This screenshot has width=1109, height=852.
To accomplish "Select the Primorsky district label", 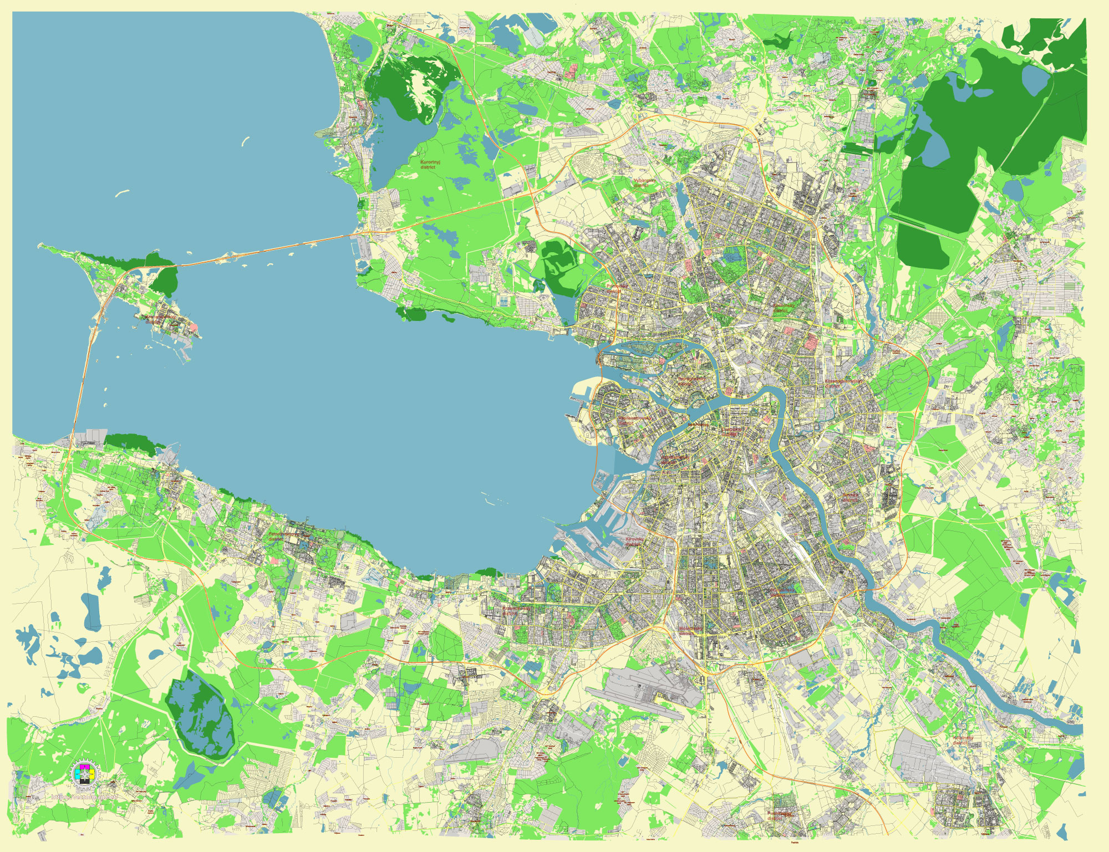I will click(x=617, y=288).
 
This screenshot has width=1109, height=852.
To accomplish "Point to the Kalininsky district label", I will click(x=784, y=308).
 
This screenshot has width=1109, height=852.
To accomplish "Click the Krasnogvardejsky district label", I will click(x=843, y=383).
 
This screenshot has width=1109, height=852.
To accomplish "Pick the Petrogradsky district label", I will click(x=691, y=381).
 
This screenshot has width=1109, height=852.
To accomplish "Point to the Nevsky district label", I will click(x=851, y=497).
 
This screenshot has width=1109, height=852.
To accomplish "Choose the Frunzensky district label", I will click(x=783, y=591).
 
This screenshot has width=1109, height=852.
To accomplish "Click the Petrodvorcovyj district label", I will click(x=281, y=536).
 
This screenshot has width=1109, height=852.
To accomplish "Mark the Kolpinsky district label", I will click(x=963, y=740).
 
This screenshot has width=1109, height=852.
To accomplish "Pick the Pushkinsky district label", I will click(x=780, y=815).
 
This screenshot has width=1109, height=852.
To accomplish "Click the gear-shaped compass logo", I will click(x=84, y=774).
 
